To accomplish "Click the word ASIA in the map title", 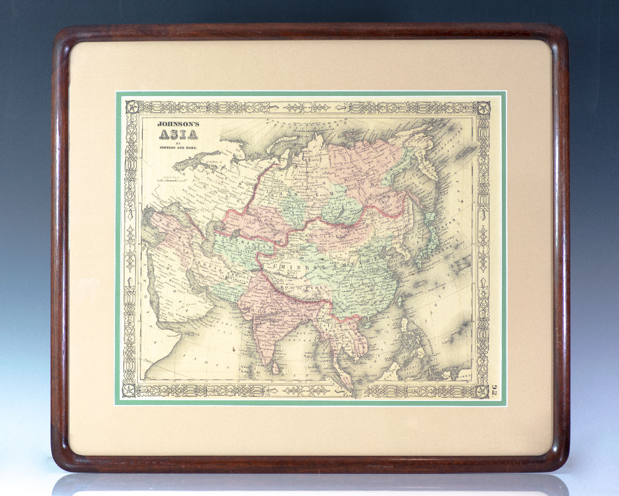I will pyautogui.click(x=177, y=135).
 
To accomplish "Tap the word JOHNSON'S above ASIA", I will pyautogui.click(x=177, y=124).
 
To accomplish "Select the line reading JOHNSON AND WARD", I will pyautogui.click(x=177, y=149).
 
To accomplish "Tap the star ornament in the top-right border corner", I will pyautogui.click(x=483, y=108).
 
